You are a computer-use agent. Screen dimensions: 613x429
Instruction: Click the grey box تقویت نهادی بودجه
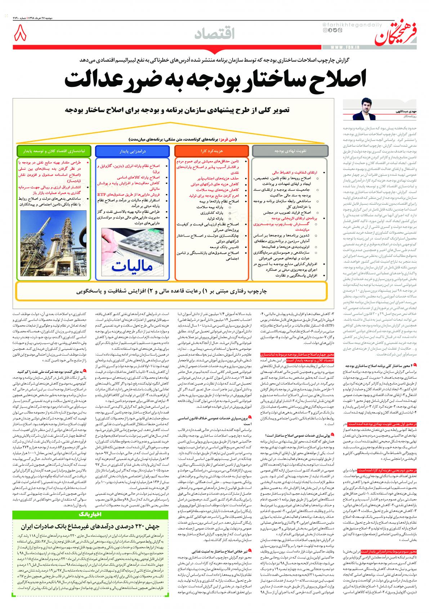[290, 150]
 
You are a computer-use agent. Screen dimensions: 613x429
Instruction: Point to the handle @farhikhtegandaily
[343, 24]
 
